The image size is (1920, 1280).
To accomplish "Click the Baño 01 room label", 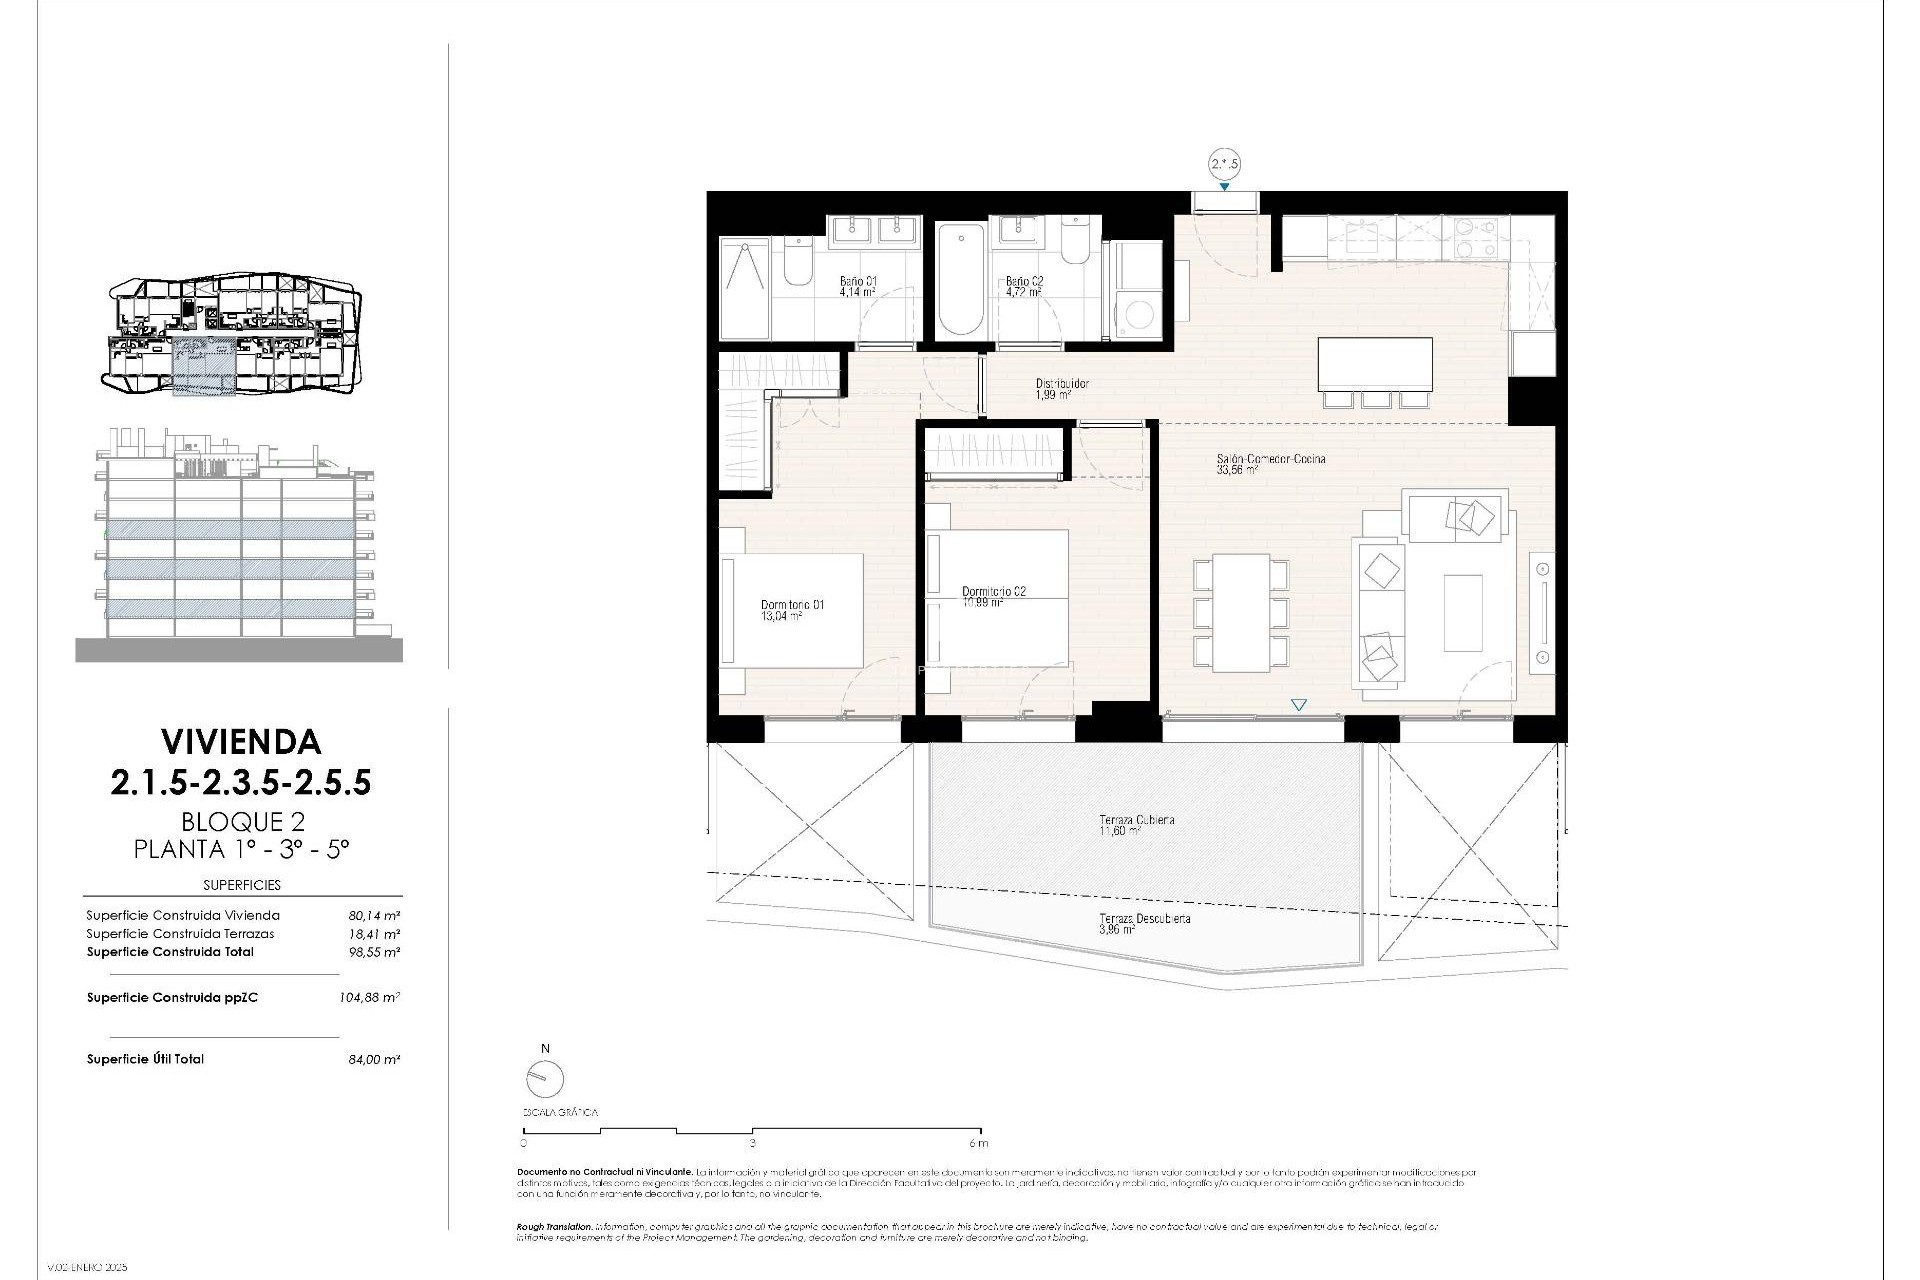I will pyautogui.click(x=857, y=282).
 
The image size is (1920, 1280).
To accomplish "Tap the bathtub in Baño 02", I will pyautogui.click(x=961, y=281).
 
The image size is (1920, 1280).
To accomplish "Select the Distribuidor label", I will pyautogui.click(x=1061, y=383).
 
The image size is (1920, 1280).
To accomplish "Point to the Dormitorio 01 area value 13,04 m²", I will pyautogui.click(x=781, y=617).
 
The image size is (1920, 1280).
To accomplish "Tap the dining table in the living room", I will pyautogui.click(x=1241, y=613).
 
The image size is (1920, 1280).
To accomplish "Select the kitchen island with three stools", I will pyautogui.click(x=1374, y=365).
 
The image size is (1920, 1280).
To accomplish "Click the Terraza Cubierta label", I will pyautogui.click(x=1136, y=820).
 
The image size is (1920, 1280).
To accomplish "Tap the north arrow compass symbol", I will pyautogui.click(x=545, y=1078).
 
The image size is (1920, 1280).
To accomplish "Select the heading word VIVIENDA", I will pyautogui.click(x=241, y=742).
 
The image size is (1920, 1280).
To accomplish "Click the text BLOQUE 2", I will pyautogui.click(x=242, y=822).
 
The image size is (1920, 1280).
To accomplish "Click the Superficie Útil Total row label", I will pyautogui.click(x=145, y=1059).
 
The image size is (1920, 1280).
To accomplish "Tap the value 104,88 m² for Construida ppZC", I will pyautogui.click(x=369, y=997).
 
